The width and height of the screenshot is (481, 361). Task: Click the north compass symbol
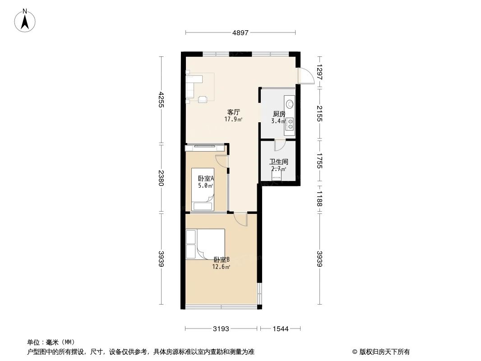pyautogui.click(x=25, y=20)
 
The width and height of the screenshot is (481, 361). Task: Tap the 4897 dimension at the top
pyautogui.click(x=240, y=32)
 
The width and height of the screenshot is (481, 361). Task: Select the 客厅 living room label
pyautogui.click(x=233, y=112)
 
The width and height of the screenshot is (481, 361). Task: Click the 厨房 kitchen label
pyautogui.click(x=279, y=114)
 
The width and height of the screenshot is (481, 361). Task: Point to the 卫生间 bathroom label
pyautogui.click(x=279, y=162)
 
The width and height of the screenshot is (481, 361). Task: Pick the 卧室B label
pyautogui.click(x=222, y=259)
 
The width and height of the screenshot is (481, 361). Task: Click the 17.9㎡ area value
pyautogui.click(x=233, y=120)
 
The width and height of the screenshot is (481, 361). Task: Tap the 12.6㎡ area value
pyautogui.click(x=222, y=267)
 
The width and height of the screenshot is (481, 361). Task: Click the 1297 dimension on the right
pyautogui.click(x=319, y=72)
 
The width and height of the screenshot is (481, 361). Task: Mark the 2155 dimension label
pyautogui.click(x=319, y=113)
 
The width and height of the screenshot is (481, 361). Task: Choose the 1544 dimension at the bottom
pyautogui.click(x=280, y=329)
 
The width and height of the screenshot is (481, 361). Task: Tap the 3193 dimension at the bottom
pyautogui.click(x=221, y=329)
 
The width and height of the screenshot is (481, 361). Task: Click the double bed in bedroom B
pyautogui.click(x=205, y=244)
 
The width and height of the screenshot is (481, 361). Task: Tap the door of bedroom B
pyautogui.click(x=241, y=219)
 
